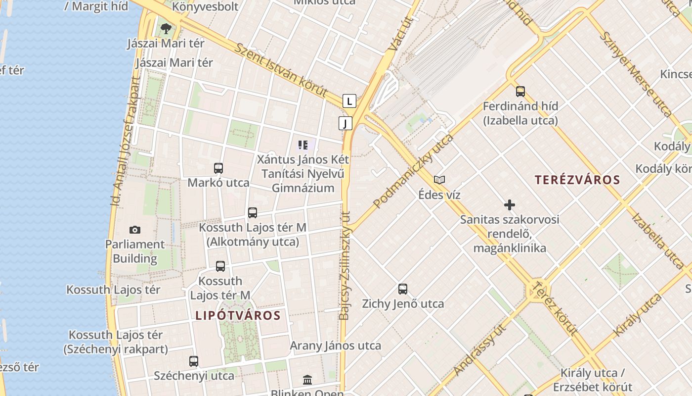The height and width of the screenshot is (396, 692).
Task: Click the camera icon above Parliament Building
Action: coord(134,230)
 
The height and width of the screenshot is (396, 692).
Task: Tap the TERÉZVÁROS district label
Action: coord(577,180)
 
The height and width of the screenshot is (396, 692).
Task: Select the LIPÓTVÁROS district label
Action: coord(238,315)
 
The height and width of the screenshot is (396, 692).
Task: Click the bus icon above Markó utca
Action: coord(218,168)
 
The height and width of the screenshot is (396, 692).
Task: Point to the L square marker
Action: coord(349,101)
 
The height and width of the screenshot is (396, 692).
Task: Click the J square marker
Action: coord(345,123)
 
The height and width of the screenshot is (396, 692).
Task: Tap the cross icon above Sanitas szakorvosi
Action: coord(510,205)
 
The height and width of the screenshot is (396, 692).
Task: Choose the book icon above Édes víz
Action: coord(439,180)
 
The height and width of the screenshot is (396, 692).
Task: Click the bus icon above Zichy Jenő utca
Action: coord(403,289)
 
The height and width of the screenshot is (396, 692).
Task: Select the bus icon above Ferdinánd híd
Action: coord(520,92)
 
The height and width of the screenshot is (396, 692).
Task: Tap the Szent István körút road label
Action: coord(281,70)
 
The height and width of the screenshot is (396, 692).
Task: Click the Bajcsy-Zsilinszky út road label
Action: coord(345,265)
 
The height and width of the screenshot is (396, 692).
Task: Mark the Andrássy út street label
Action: coord(479,350)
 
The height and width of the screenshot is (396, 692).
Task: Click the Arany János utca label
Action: coord(335,346)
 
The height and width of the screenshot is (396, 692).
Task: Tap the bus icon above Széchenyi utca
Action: coord(194,361)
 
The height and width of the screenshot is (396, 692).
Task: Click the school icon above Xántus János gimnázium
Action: coord(303,145)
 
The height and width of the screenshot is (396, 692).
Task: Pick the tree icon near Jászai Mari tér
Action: coord(166,28)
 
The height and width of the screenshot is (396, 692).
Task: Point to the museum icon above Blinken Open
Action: coord(307,380)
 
